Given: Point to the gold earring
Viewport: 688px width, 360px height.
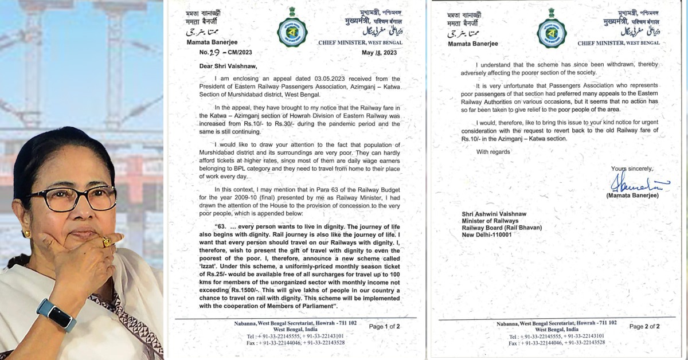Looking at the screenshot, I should click(26, 234).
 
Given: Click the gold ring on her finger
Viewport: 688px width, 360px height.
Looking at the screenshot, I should click(106, 242).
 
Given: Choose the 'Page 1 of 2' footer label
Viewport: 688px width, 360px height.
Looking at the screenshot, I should click(384, 326).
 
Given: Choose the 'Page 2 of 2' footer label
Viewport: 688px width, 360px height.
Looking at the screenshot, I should click(644, 326).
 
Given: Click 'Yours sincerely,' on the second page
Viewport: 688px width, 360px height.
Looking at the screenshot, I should click(632, 169).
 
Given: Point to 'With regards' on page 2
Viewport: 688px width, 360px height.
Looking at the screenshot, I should click(492, 151).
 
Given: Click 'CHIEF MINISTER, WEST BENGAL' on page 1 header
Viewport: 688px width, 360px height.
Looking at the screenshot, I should click(360, 42).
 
